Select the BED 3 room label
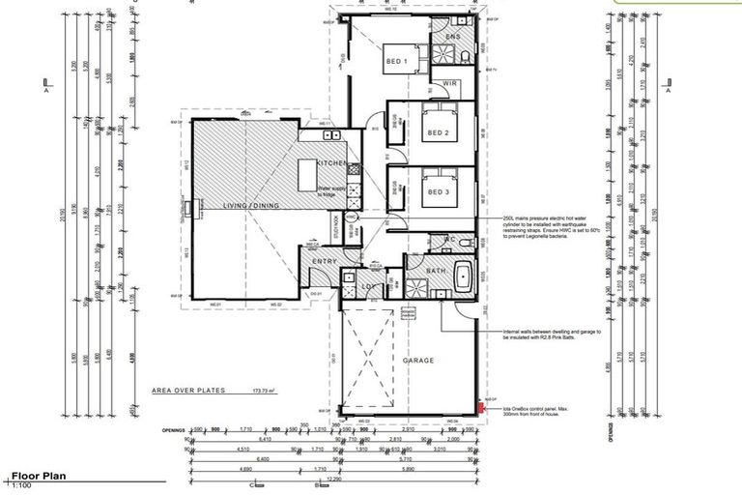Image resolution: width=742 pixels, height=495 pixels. [440, 191]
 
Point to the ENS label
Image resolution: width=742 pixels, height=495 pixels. [451, 37]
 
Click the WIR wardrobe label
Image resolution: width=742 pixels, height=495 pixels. [449, 84]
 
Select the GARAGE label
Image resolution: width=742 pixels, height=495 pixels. [419, 361]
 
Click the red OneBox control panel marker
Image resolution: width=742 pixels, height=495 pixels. [479, 409]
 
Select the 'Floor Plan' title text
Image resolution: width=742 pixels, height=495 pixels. [38, 477]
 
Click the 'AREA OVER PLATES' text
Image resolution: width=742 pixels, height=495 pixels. [187, 391]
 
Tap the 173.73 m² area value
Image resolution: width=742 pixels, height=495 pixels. [262, 391]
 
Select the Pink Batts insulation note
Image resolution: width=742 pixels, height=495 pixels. [552, 335]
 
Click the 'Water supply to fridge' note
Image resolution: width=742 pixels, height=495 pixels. [332, 192]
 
